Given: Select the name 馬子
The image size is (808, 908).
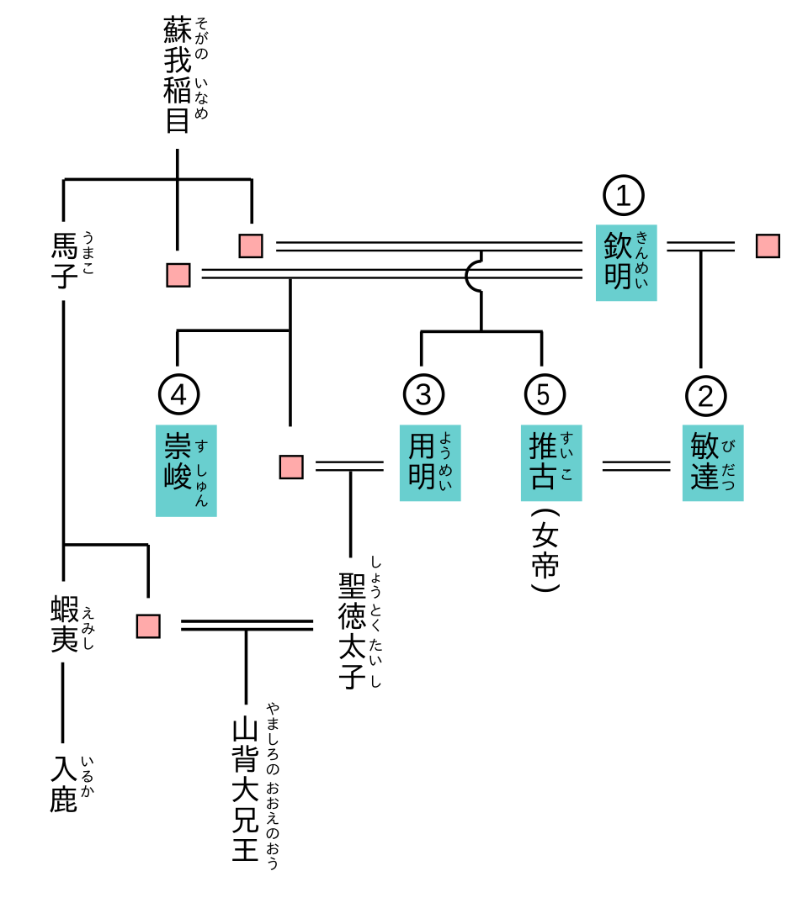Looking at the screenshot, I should tap(65, 261).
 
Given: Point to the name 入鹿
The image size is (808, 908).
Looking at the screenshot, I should tap(65, 784).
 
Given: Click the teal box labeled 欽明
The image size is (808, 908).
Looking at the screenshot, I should tap(626, 262).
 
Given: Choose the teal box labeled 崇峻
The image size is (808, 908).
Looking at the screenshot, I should tap(186, 470).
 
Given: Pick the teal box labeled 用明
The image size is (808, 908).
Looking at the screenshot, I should tap(430, 462).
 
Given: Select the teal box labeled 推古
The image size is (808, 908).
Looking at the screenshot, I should tap(551, 462).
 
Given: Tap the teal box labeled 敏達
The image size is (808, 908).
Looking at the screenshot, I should tap(713, 462).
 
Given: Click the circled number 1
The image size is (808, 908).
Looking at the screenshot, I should tap(624, 196).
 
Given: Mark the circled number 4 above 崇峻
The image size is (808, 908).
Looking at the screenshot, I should tap(179, 394).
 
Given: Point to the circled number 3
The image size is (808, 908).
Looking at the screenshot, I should tap(423, 394).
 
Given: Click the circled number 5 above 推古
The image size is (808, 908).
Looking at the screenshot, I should tap(545, 394).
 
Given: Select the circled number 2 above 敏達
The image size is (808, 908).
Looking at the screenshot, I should tap(706, 394).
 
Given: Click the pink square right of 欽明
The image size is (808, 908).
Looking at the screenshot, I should tap(768, 246).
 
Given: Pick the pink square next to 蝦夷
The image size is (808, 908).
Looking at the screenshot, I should tap(148, 626).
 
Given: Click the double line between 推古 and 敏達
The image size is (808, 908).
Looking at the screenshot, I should tap(636, 465).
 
